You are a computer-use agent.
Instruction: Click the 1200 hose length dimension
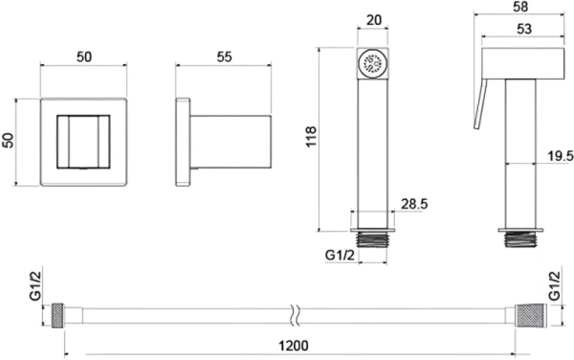point(294,346)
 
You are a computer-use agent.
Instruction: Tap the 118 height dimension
point(311,137)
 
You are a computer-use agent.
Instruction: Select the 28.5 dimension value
point(414,204)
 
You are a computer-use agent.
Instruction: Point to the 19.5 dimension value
point(561,156)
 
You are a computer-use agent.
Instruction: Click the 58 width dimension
point(520,7)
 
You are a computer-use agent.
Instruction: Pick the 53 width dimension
point(524,29)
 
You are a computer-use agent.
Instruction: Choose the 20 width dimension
point(373,20)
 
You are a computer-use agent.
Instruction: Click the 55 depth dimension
point(224,56)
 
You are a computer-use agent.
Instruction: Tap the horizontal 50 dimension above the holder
point(84,56)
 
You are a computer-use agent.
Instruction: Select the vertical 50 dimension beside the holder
point(8,140)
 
